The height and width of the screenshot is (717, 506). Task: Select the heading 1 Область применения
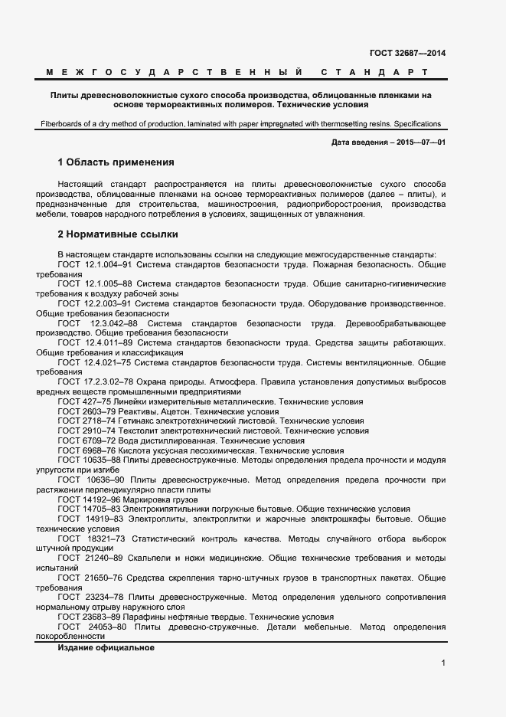tap(116, 162)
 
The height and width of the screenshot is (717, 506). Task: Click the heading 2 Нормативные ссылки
tap(118, 234)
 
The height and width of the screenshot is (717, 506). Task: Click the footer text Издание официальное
tap(106, 648)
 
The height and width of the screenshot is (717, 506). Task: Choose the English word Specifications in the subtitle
tap(416, 123)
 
